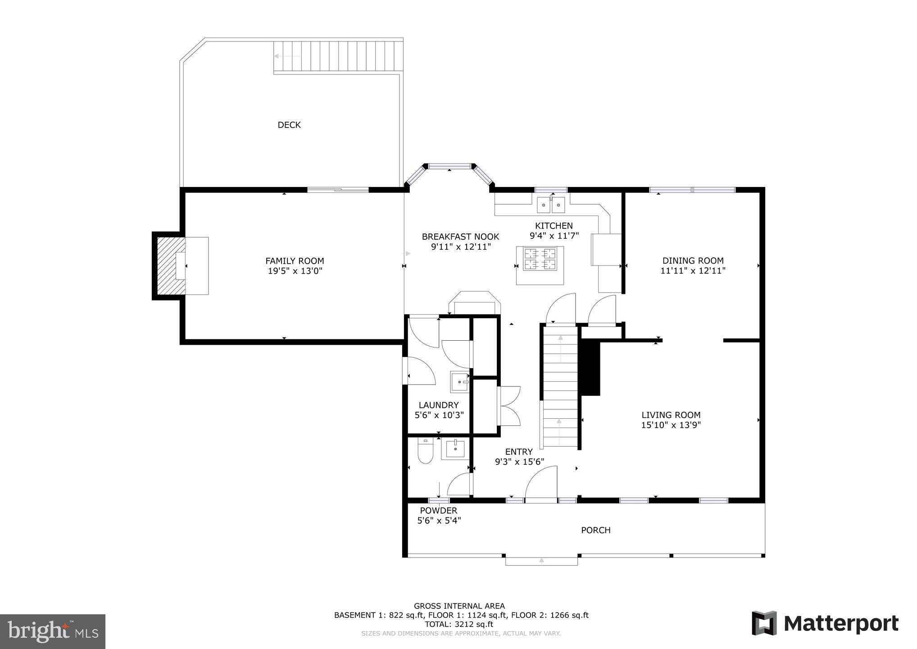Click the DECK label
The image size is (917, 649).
[x=289, y=125]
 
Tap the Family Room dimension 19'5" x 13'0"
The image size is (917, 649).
[x=295, y=271]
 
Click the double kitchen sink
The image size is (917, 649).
[x=551, y=206]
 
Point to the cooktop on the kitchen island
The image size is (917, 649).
[x=540, y=259]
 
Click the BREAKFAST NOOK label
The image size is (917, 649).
[x=460, y=237]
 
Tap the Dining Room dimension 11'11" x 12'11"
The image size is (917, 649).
[x=693, y=271]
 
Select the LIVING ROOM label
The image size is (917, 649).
[x=671, y=415]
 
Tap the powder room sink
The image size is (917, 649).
[x=455, y=449]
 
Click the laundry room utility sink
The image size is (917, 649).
[x=459, y=382]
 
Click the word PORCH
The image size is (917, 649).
[x=595, y=530]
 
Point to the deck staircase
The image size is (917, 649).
[x=338, y=56]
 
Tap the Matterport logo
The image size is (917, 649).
[x=825, y=624]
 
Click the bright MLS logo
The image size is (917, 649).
[x=52, y=631]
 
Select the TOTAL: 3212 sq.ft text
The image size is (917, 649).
[x=459, y=624]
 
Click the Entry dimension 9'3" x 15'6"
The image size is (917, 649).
[x=519, y=462]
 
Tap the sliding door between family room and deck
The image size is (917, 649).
[x=338, y=190]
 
